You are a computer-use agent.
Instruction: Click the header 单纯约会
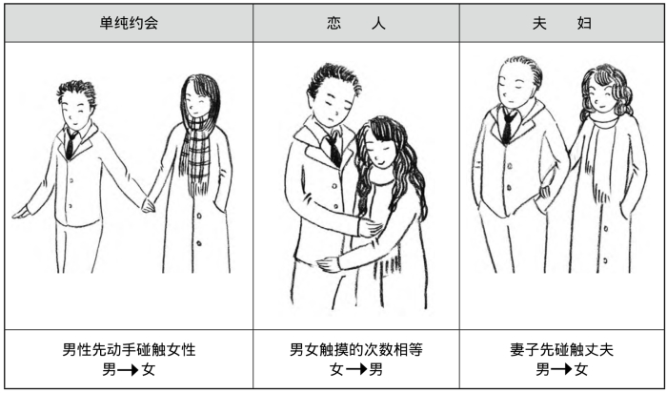[129, 23]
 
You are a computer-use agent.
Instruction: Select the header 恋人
[354, 23]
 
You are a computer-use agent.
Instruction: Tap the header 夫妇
[562, 23]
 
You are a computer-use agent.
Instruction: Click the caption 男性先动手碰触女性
[129, 349]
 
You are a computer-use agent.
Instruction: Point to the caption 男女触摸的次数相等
[355, 349]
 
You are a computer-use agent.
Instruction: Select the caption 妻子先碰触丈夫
[562, 349]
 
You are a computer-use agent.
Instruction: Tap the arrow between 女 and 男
[354, 369]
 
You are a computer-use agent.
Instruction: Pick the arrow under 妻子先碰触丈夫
[561, 369]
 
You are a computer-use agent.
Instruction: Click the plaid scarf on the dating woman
[197, 153]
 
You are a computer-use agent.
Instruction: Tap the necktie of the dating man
[71, 145]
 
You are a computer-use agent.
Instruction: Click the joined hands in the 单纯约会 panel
[149, 204]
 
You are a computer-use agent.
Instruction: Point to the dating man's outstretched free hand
[20, 213]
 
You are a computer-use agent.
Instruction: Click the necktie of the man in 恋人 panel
[333, 148]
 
